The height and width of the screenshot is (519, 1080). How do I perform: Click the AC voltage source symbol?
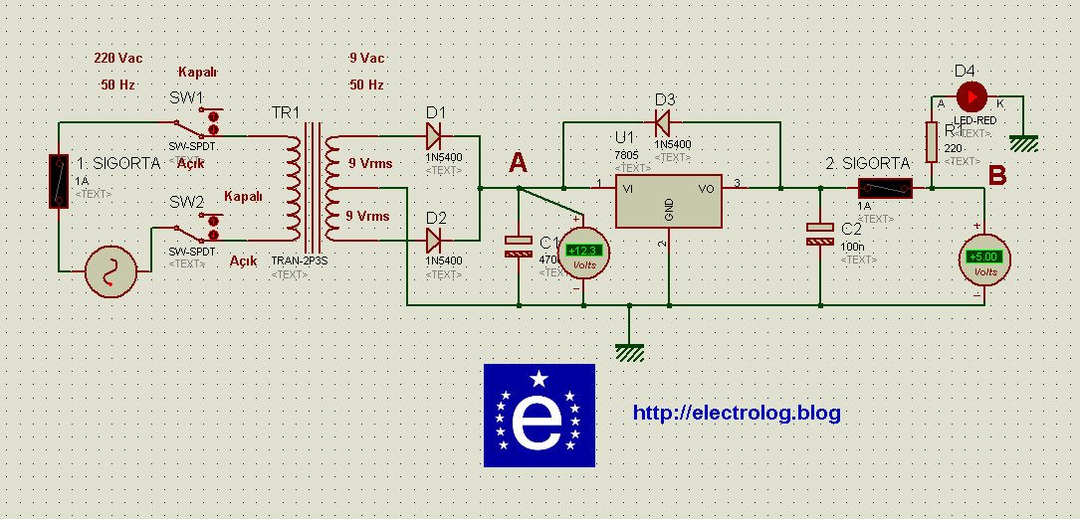tap(109, 271)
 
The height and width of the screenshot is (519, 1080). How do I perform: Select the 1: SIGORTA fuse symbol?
tap(60, 181)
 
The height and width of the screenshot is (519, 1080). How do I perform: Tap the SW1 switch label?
tap(186, 98)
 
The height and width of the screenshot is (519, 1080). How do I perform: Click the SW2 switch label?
tap(186, 202)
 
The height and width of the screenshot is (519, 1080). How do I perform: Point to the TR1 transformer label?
tap(286, 113)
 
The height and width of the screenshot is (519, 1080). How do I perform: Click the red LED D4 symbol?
tap(972, 96)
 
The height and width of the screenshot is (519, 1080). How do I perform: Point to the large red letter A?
tap(519, 162)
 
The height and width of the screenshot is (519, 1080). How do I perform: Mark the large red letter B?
tap(996, 176)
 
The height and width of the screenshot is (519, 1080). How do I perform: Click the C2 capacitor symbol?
tap(819, 234)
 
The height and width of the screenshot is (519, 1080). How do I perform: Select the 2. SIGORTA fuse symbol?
tap(884, 187)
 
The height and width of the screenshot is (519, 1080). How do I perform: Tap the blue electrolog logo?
tap(539, 416)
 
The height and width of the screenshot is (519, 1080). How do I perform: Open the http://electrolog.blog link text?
tap(737, 413)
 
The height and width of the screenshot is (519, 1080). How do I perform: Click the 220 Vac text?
tap(118, 59)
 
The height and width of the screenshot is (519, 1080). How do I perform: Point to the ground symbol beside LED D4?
tap(1023, 144)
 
